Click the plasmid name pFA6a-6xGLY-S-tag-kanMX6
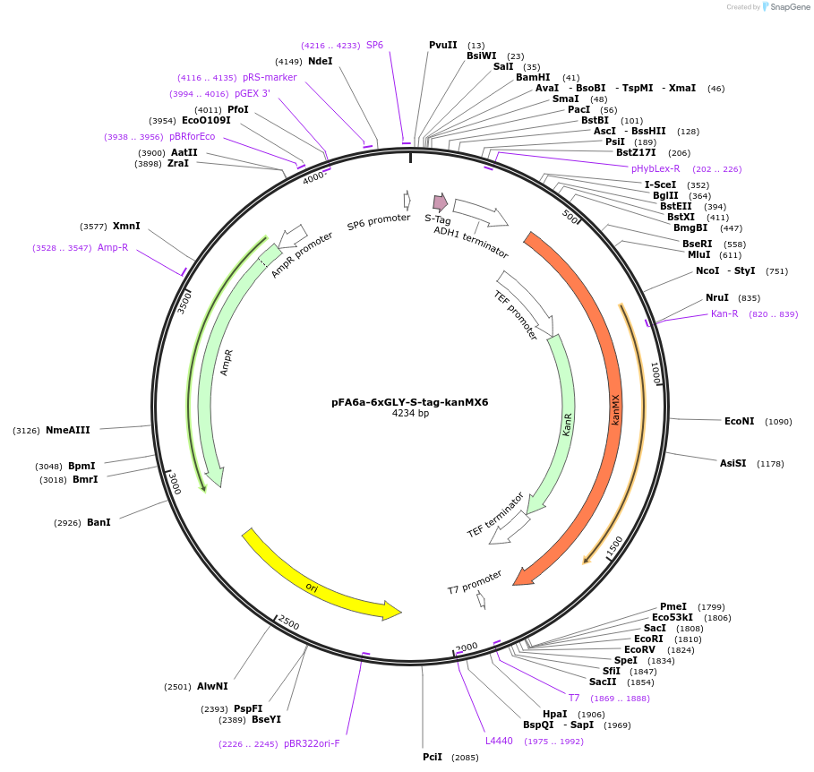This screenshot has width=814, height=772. [x=410, y=402]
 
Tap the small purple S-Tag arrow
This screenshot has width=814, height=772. [x=440, y=202]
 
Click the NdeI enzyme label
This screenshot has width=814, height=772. [x=320, y=61]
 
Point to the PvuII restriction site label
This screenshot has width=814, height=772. [x=442, y=45]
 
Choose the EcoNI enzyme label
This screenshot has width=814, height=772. [x=739, y=421]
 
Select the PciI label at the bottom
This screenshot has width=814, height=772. [x=433, y=757]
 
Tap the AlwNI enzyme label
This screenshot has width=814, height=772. [x=212, y=687]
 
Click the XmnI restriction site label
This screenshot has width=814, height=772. [x=126, y=226]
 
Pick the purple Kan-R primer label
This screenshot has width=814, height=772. [x=724, y=313]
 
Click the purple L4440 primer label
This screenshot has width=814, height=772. [x=499, y=741]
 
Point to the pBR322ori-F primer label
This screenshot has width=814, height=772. [x=312, y=743]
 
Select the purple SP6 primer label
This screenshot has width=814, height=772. [x=374, y=45]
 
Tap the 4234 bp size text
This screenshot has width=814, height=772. [x=410, y=414]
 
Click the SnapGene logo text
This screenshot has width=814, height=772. [x=790, y=7]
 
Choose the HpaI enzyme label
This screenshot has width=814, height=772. [x=554, y=714]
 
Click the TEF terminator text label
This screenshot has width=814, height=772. [x=495, y=515]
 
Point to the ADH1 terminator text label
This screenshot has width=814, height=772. [x=471, y=242]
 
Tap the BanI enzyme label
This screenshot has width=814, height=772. [x=99, y=522]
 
